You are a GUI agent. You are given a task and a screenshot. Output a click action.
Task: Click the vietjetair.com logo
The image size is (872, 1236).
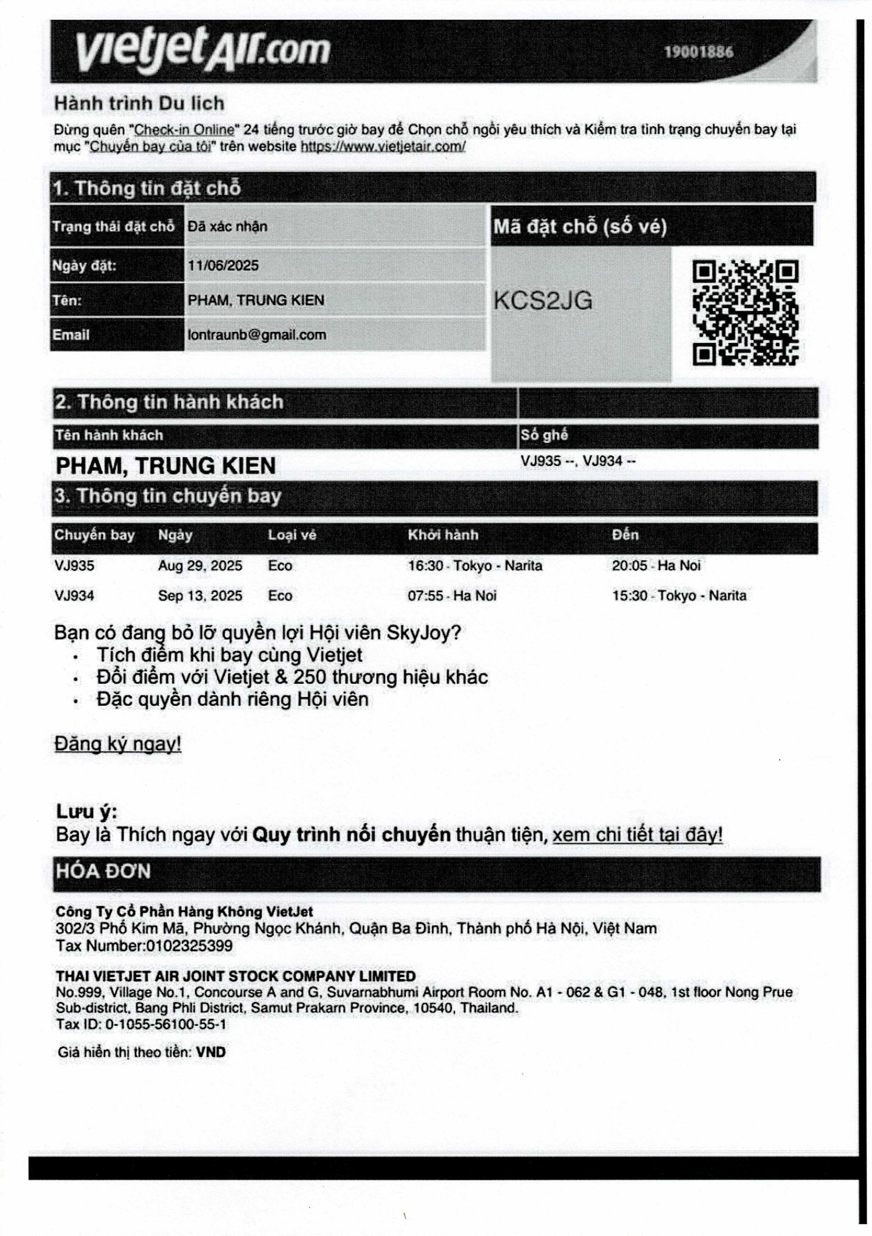tap(203, 51)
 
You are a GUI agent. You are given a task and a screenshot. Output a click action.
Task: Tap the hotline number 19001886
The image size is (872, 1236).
tap(698, 52)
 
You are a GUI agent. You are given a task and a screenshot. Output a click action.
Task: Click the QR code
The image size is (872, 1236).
tap(745, 313)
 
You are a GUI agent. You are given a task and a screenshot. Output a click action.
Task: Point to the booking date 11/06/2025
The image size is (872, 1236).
tap(223, 265)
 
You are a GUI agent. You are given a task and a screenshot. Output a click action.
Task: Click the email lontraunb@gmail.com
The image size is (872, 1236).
tap(257, 335)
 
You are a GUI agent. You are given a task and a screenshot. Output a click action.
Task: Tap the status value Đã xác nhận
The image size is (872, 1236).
tap(227, 227)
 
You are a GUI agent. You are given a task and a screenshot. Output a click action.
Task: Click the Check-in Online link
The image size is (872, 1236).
tap(184, 130)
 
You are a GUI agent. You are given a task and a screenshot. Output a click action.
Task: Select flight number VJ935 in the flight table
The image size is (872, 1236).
tap(74, 566)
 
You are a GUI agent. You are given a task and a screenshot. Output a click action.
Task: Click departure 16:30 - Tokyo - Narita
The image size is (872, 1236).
tap(475, 566)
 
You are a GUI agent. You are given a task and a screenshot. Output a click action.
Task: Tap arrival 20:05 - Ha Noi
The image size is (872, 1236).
tap(656, 566)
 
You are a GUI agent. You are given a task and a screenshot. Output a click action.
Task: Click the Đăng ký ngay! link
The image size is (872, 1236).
tap(118, 744)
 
